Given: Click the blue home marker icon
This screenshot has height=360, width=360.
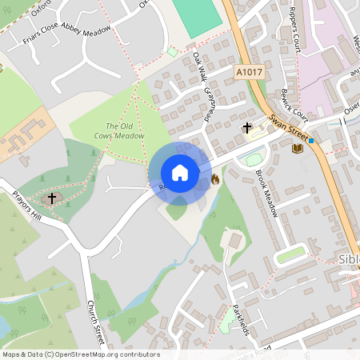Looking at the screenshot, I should click(x=180, y=173).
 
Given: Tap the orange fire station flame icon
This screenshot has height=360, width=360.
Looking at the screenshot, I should click(x=215, y=181).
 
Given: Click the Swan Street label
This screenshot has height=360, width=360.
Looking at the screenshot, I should click(x=290, y=126).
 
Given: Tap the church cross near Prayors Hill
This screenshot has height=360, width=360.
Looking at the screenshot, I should click(x=53, y=197).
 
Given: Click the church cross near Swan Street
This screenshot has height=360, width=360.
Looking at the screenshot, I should click(x=247, y=127).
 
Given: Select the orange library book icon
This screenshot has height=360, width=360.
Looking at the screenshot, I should click(x=298, y=148).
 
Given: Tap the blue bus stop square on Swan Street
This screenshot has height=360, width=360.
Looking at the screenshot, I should click(x=311, y=142).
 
